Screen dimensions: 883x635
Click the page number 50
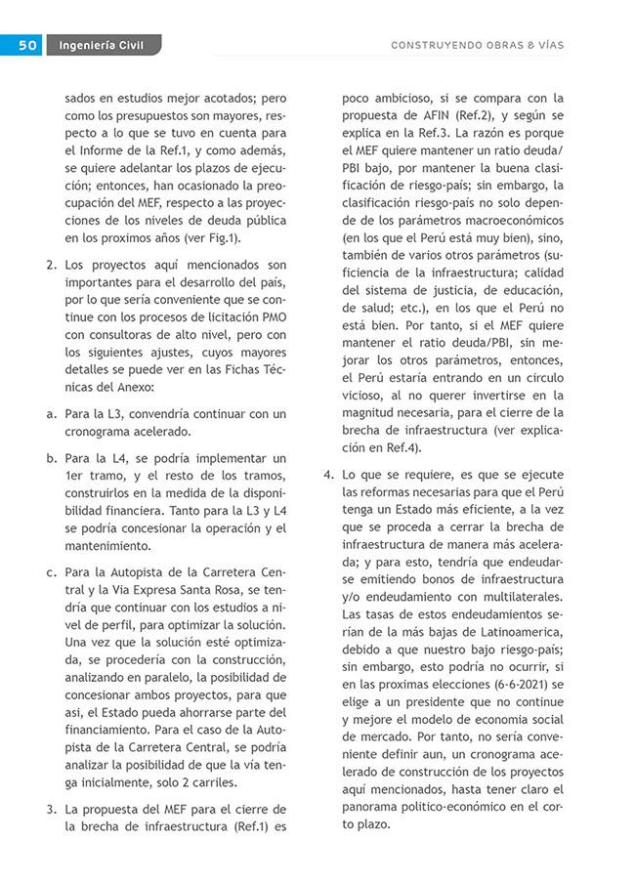click(26, 45)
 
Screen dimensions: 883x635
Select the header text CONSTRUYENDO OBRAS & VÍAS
click(477, 46)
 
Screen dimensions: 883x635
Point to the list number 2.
click(51, 265)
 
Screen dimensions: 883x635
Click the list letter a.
click(51, 413)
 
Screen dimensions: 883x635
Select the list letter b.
click(51, 458)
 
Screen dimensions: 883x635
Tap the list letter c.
click(51, 570)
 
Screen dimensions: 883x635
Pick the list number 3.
click(51, 809)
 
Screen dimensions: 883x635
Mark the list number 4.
click(328, 475)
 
